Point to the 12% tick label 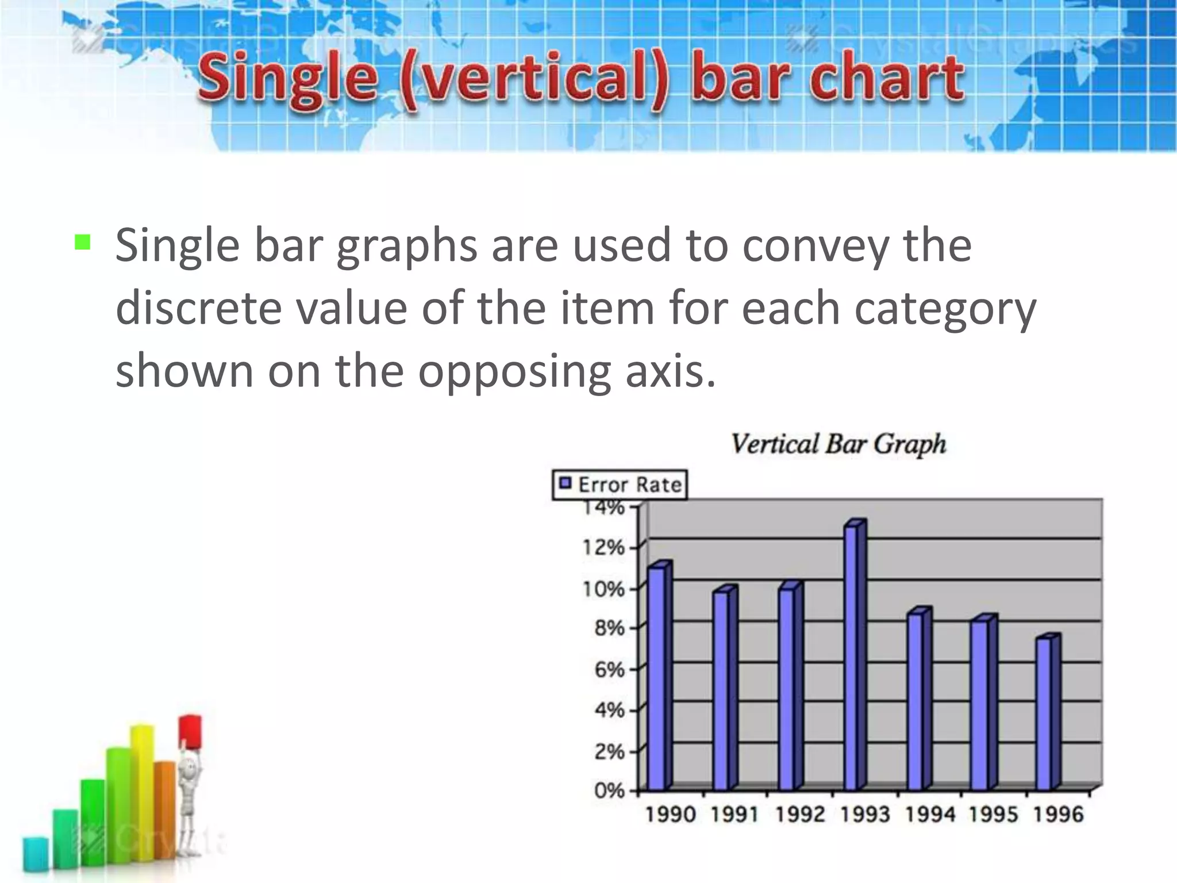click(603, 548)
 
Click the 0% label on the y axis click(609, 790)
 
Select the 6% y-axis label click(609, 670)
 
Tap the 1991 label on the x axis click(735, 815)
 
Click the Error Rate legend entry click(620, 485)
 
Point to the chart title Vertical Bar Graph click(838, 444)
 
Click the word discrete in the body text click(199, 308)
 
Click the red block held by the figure click(190, 731)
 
